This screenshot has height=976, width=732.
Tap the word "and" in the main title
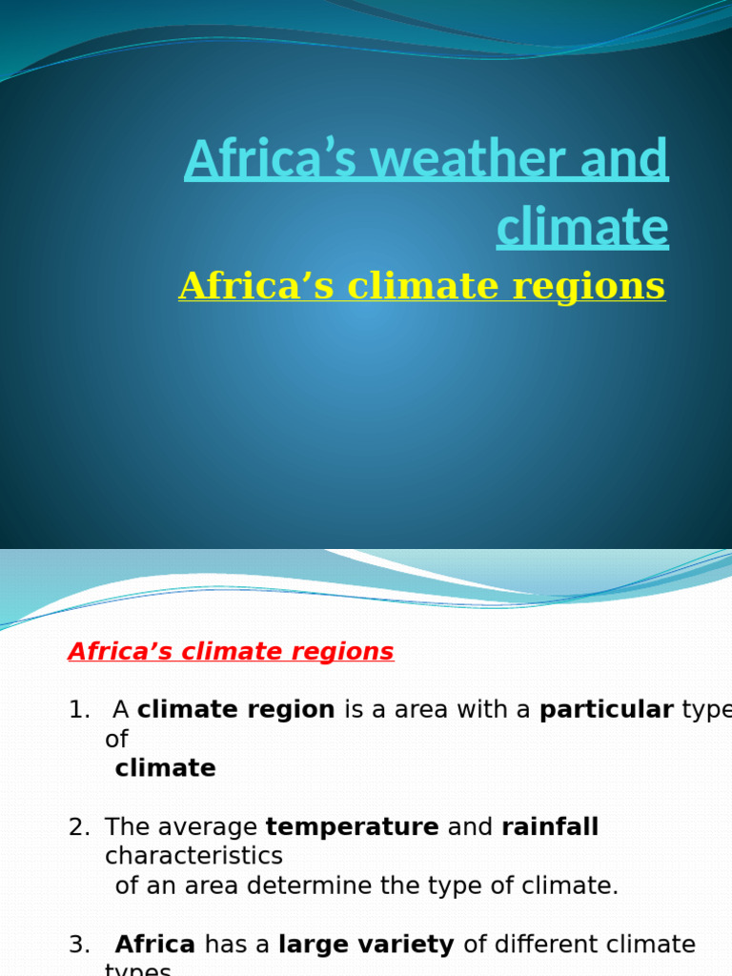tap(630, 159)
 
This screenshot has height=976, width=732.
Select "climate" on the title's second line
tap(582, 227)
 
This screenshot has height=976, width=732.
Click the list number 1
tap(77, 710)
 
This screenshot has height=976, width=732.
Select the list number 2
tap(77, 827)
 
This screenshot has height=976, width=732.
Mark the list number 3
tap(77, 945)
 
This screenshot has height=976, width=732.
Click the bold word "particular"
tap(606, 710)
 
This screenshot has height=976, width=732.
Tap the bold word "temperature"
tap(352, 827)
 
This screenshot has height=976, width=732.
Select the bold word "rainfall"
tap(550, 827)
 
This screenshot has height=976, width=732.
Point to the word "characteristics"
tap(193, 856)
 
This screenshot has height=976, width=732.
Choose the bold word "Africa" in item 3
tap(154, 945)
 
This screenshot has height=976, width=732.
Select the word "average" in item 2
tap(213, 827)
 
